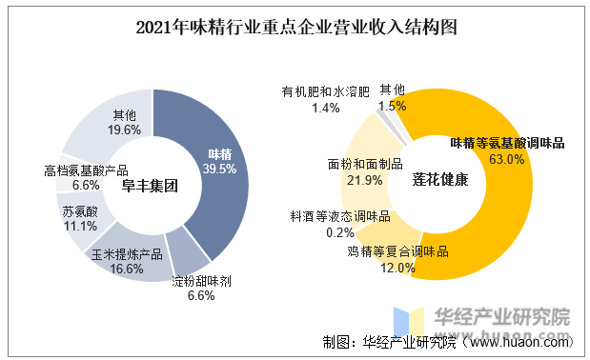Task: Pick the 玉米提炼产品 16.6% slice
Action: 128,258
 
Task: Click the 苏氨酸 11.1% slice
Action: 80,218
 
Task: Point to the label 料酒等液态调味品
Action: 340,216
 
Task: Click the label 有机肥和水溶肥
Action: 325,92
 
